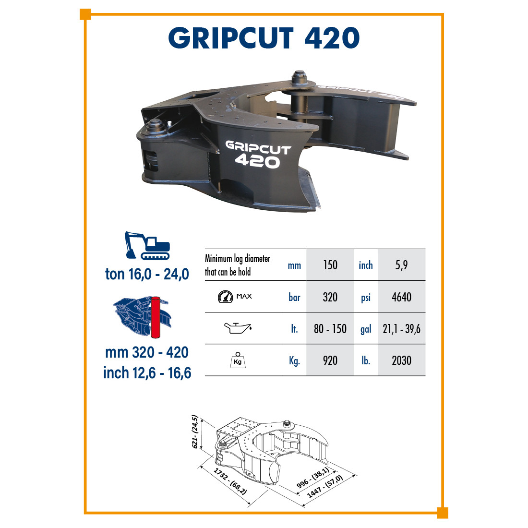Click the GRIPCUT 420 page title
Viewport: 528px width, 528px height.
(x=264, y=38)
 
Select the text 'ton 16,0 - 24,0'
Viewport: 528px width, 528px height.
(x=147, y=274)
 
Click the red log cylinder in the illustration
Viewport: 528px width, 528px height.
(x=155, y=317)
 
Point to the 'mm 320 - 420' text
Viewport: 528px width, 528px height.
(x=147, y=353)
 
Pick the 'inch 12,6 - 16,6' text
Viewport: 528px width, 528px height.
(x=147, y=373)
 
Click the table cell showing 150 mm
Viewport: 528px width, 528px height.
(x=330, y=265)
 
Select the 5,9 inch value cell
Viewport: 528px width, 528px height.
(x=401, y=265)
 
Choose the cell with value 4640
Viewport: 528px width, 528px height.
(x=401, y=297)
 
